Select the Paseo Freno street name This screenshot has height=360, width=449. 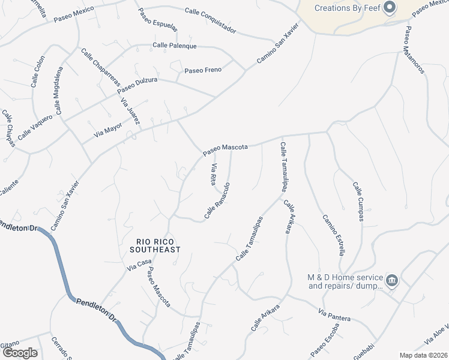203,70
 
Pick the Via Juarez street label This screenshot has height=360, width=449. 130,112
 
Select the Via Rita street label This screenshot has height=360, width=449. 212,174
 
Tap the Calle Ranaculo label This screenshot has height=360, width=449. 217,200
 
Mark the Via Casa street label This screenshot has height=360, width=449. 139,265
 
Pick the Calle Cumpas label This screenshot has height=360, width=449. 358,201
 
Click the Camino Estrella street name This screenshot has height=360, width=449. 333,235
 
